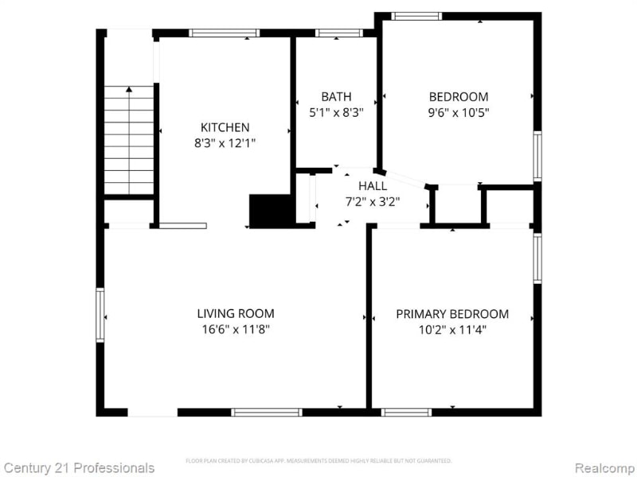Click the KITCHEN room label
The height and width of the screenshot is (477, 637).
click(x=225, y=127)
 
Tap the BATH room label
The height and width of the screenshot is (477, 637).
click(x=336, y=97)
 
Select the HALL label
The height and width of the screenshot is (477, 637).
click(x=373, y=186)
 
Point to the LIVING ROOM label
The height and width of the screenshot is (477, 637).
click(x=236, y=314)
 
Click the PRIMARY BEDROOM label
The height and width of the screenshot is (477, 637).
click(x=452, y=314)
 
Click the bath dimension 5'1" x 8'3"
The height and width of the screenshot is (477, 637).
click(x=336, y=113)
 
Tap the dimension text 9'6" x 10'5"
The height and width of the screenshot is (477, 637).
click(x=458, y=113)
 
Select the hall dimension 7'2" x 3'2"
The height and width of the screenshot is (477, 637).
click(x=373, y=202)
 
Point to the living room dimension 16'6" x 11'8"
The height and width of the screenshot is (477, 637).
click(x=236, y=330)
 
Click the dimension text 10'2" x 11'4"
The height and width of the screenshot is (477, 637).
click(x=452, y=330)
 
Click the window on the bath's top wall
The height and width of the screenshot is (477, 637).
click(x=338, y=33)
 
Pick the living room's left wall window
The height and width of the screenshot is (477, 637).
click(x=100, y=315)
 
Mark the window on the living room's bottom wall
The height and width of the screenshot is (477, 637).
click(x=266, y=412)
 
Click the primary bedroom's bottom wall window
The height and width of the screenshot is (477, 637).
click(x=406, y=412)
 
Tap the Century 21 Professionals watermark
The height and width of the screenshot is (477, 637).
click(x=78, y=467)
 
